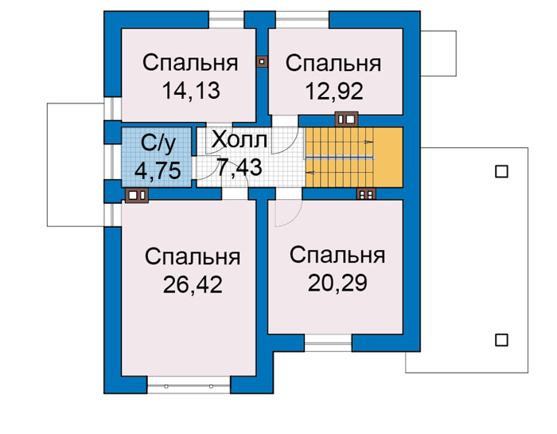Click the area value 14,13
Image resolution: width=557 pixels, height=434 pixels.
[x=191, y=90]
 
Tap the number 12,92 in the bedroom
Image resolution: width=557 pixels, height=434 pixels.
[x=334, y=91]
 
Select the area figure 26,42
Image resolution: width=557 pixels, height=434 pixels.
[x=193, y=284]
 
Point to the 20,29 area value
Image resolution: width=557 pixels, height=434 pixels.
[x=337, y=283]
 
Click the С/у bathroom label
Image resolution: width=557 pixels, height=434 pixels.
[x=158, y=144]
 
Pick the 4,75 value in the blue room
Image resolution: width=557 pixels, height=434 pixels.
[x=158, y=170]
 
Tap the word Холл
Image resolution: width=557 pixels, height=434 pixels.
[x=239, y=139]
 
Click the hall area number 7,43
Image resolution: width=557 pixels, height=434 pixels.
[x=240, y=167]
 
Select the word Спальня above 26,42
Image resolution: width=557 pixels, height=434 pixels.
[x=193, y=256]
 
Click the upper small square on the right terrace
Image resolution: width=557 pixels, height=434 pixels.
[x=501, y=172]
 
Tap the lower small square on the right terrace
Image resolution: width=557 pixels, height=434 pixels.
[x=501, y=340]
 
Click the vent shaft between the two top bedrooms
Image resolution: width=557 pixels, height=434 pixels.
[x=262, y=61]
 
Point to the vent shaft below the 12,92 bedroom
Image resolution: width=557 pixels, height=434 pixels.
[x=346, y=119]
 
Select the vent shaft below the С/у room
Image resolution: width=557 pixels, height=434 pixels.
[x=137, y=195]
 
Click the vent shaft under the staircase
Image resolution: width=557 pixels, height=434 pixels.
[x=366, y=194]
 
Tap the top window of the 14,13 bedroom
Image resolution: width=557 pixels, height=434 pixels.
[x=226, y=20]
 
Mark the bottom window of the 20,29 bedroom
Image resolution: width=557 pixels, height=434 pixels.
[x=328, y=342]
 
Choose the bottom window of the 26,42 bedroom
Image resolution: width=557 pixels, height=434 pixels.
[x=189, y=385]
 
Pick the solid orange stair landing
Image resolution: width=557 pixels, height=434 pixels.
[x=388, y=157]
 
